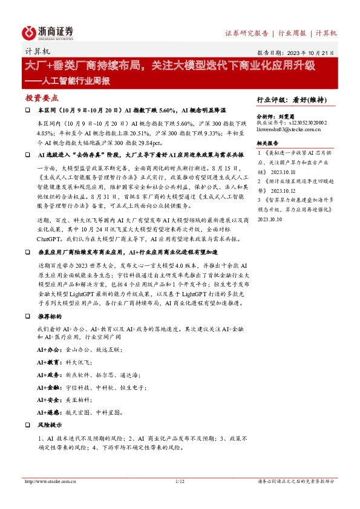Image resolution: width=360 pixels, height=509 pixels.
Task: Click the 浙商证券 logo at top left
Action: pos(49,33)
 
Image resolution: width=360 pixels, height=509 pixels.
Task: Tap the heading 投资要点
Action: pos(42,98)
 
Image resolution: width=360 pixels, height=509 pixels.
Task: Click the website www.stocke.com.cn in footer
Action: pos(47,482)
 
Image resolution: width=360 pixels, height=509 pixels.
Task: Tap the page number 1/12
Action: pos(179,482)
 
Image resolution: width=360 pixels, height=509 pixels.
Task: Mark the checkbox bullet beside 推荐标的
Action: pos(27,316)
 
